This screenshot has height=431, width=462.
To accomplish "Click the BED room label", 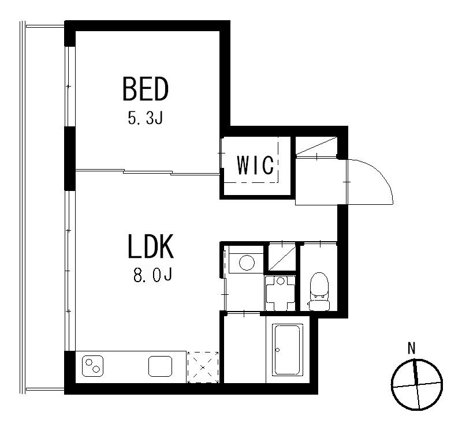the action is (x=146, y=89).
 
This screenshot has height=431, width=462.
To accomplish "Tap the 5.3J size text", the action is (x=146, y=118).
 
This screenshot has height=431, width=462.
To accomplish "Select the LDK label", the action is (x=151, y=246).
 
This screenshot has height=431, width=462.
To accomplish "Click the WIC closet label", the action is (x=256, y=165).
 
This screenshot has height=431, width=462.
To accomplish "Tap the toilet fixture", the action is (x=319, y=291).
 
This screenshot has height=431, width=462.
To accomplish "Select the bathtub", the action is (x=288, y=350).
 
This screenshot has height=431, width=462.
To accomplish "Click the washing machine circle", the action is (x=247, y=263).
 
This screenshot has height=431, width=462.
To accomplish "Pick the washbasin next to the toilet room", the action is (x=280, y=293).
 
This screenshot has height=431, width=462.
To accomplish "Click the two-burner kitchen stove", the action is (x=92, y=366).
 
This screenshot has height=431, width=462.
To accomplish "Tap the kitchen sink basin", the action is (x=160, y=366).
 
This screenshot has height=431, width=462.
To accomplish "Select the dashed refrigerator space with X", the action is (x=203, y=368).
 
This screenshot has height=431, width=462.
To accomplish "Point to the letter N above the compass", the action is (x=412, y=348).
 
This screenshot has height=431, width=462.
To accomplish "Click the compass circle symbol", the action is (x=416, y=384).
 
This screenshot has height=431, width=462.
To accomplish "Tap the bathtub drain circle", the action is (x=277, y=350).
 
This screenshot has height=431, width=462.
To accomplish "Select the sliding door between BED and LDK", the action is (x=148, y=172).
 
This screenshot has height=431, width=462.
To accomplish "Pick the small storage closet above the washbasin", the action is (x=282, y=257).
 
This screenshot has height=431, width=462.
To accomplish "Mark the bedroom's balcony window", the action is (x=69, y=87).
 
